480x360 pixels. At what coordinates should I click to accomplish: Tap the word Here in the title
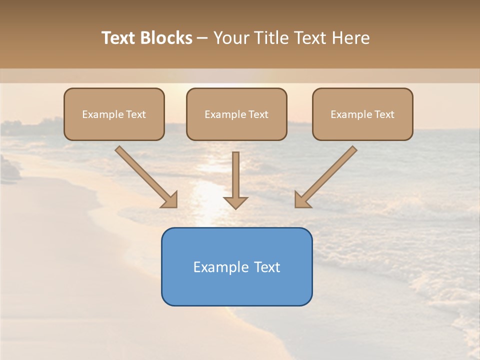(350, 38)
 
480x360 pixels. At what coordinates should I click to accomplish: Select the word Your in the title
(231, 38)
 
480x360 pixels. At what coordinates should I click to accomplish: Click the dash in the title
(202, 38)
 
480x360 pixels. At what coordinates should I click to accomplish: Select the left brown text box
(114, 114)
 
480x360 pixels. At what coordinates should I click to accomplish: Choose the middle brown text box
(236, 114)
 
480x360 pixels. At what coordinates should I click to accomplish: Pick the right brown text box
(362, 114)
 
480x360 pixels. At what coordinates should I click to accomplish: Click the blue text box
(236, 266)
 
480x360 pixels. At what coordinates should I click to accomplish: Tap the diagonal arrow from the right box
(330, 173)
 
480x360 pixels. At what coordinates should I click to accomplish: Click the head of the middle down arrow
(235, 202)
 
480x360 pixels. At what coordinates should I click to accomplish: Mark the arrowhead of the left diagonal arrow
(171, 200)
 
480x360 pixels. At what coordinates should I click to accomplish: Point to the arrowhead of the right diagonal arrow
(301, 200)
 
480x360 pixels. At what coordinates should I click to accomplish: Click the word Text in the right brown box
(384, 114)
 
